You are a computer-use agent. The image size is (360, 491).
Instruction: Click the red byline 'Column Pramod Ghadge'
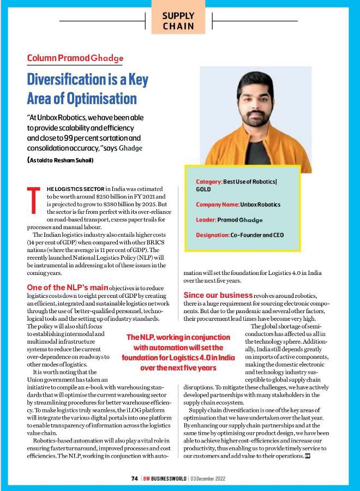pos(75,58)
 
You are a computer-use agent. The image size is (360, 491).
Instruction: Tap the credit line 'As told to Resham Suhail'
pos(61,160)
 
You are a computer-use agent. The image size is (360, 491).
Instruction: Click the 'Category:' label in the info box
pos(208,181)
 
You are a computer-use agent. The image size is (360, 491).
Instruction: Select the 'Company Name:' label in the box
pos(218,205)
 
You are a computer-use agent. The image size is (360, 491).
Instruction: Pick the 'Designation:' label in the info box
pos(213,235)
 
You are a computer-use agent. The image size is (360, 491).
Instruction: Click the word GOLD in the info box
pos(203,189)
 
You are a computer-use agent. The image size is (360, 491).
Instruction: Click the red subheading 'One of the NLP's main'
pos(67,287)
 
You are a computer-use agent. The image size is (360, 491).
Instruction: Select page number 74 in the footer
pos(134,478)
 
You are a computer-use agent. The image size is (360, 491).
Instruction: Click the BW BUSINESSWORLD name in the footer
pos(164,478)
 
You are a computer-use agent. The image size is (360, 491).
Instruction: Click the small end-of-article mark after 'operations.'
pos(308,456)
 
